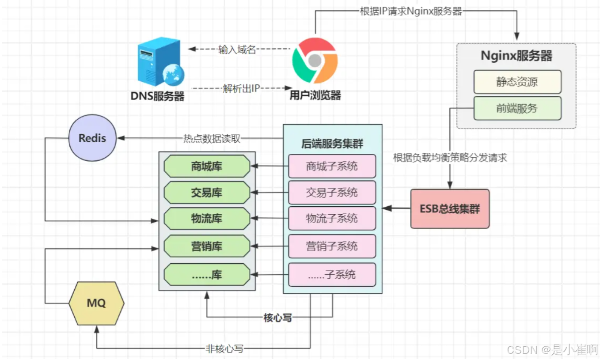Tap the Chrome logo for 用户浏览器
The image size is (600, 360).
(315, 61)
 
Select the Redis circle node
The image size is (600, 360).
(92, 138)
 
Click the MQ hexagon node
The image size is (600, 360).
(96, 303)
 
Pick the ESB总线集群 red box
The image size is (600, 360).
(450, 209)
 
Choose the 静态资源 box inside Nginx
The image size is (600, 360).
(517, 82)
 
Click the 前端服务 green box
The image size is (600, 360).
(517, 108)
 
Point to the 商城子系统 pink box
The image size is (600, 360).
(332, 167)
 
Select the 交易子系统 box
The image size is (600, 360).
(332, 193)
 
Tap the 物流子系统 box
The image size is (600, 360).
(332, 218)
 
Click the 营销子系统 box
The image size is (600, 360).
(332, 246)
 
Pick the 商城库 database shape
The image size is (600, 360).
(207, 167)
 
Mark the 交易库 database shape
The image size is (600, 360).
(207, 193)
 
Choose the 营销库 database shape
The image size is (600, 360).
(207, 246)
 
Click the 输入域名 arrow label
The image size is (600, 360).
(237, 49)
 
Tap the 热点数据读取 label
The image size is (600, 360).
(212, 138)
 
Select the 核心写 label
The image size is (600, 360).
(277, 318)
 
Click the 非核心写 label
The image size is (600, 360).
(224, 349)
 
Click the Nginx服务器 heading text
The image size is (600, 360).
(516, 56)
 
